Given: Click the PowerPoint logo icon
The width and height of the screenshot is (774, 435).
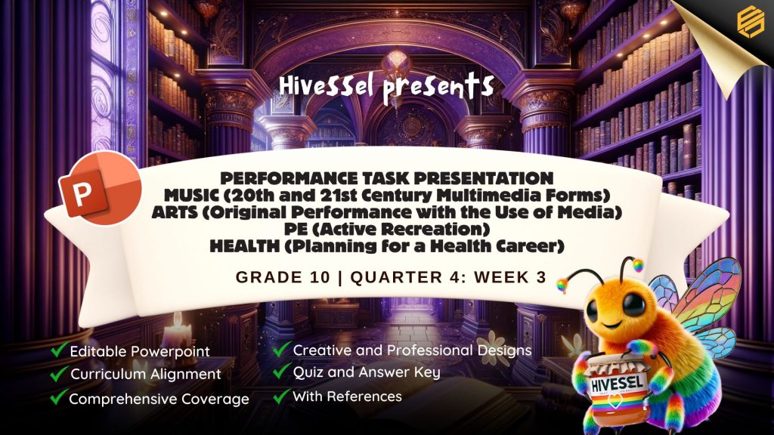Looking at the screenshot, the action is tap(101, 188).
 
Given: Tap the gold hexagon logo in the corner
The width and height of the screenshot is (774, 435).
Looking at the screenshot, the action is tap(750, 20).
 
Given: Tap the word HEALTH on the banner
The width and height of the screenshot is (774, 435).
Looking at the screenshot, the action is tap(244, 245).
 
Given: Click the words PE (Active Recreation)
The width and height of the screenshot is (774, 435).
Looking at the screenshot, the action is tap(386, 229).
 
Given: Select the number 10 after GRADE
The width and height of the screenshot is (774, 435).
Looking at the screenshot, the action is tap(320, 277).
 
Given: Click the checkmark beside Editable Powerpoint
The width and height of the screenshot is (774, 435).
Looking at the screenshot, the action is tap(58, 350).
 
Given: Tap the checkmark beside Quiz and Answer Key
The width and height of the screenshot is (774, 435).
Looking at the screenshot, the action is tap(281, 370).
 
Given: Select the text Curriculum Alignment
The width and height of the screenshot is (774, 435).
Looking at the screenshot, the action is tap(146, 374).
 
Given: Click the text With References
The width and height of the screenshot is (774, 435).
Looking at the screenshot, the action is tap(347, 396).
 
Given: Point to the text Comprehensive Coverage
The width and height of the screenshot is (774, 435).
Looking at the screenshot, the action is tap(159, 399).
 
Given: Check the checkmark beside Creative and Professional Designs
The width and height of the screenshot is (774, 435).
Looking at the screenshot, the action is tap(281, 349).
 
